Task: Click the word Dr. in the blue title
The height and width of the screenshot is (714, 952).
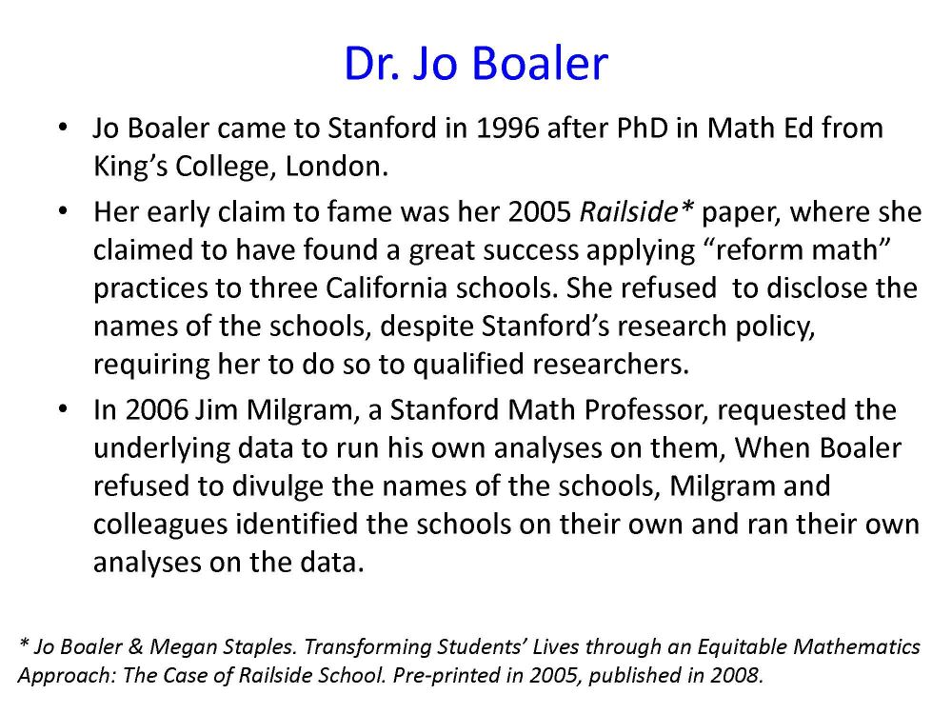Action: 372,63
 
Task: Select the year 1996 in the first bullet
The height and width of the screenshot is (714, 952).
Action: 508,129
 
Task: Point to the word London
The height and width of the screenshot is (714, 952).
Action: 336,167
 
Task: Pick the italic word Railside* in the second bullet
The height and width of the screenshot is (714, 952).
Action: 637,212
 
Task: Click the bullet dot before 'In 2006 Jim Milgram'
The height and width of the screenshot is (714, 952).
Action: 63,409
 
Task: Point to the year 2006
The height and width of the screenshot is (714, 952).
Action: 157,409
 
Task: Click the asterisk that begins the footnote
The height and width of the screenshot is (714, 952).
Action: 25,644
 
